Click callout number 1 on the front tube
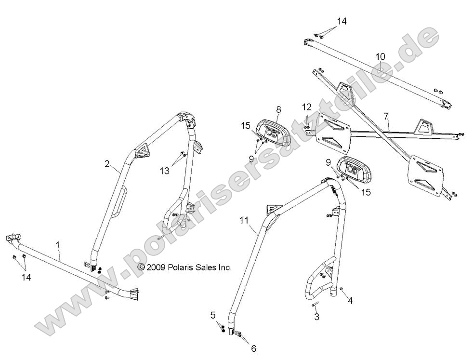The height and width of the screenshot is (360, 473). point(58,245)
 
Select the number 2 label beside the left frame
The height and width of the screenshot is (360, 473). point(107,164)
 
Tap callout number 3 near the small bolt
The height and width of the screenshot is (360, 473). point(316,317)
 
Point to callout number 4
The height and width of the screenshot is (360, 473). point(350,301)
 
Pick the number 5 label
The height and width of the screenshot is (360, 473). point(212,316)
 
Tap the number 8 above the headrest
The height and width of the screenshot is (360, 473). point(278,110)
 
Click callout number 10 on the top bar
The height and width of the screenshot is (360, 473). point(381,57)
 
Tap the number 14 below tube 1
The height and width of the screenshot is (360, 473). point(26,278)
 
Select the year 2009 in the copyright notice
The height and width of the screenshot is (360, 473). point(156,267)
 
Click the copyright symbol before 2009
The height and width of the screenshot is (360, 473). point(142,267)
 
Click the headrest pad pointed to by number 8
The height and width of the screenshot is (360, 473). point(272,133)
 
